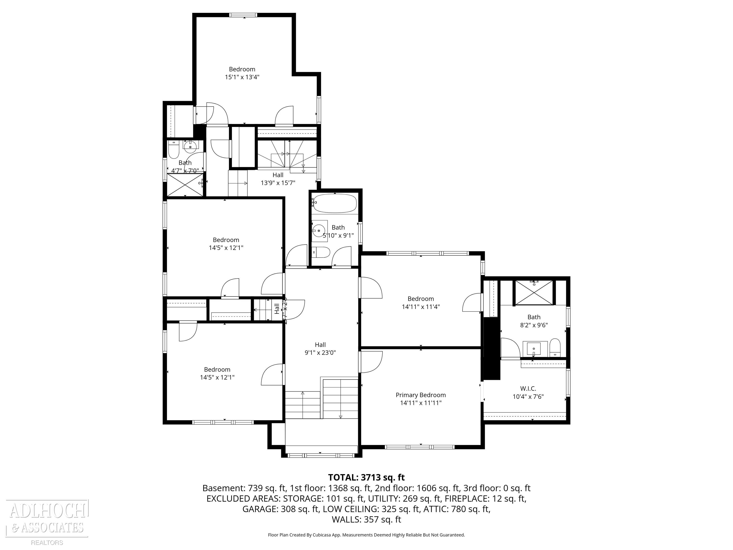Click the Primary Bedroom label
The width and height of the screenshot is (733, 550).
click(x=420, y=395)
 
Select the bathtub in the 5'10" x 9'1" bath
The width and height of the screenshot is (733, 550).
click(x=335, y=203)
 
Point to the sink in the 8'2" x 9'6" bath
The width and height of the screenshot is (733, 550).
click(x=534, y=349)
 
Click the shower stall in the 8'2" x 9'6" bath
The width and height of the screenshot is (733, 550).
click(x=534, y=292)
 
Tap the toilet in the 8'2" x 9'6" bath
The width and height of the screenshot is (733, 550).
click(x=555, y=347)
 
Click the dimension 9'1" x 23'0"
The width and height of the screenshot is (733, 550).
click(x=320, y=353)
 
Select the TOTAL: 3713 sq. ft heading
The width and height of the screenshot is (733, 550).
click(x=366, y=477)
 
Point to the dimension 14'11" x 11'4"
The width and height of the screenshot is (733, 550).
click(x=420, y=307)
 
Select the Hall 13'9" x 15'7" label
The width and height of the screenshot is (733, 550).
click(x=278, y=179)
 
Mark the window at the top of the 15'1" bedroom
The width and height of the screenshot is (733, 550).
click(x=243, y=15)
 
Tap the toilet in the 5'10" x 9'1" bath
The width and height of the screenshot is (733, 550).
click(x=321, y=253)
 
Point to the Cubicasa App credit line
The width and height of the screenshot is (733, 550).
click(x=366, y=535)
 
